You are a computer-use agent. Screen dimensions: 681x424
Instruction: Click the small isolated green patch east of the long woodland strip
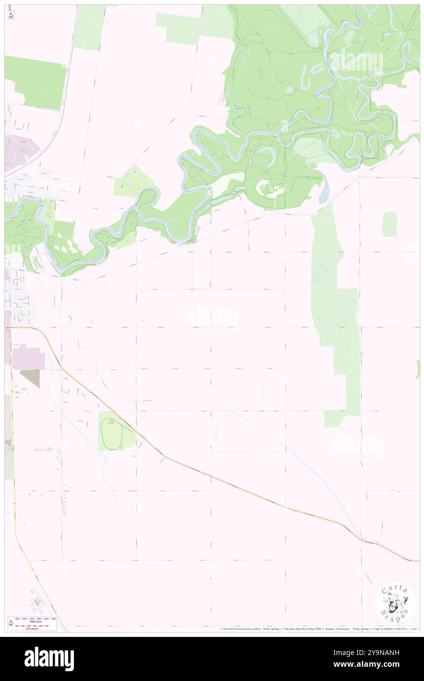click(x=389, y=224)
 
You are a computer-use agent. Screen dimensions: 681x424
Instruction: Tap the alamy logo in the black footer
click(x=49, y=659)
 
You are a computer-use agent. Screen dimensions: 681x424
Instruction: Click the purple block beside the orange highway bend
click(x=28, y=357)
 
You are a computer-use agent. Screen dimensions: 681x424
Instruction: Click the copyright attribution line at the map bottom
click(x=318, y=629)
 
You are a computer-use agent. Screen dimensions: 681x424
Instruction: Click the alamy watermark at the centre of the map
click(x=212, y=316)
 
